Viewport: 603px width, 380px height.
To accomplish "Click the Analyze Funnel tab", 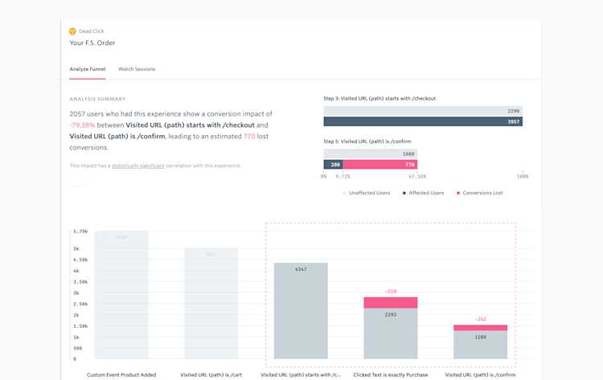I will click(x=88, y=69).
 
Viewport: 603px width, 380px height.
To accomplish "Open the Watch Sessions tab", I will click(x=137, y=69).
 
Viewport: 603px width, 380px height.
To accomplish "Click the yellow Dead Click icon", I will click(x=73, y=31).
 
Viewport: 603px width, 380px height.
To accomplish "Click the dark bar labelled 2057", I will click(x=423, y=121).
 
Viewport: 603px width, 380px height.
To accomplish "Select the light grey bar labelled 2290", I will click(x=423, y=111).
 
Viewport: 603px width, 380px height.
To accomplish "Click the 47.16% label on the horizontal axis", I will click(x=417, y=175).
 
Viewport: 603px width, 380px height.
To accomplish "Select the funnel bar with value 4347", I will click(x=301, y=309).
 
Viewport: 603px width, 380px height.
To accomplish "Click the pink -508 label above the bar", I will click(x=390, y=292).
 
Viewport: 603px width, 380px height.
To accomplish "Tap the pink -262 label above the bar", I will click(x=480, y=319).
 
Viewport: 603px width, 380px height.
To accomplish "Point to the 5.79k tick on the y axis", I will click(x=80, y=231).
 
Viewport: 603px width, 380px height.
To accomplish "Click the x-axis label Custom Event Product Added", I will click(x=121, y=374).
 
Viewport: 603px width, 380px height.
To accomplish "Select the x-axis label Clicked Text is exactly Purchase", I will click(x=390, y=374).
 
